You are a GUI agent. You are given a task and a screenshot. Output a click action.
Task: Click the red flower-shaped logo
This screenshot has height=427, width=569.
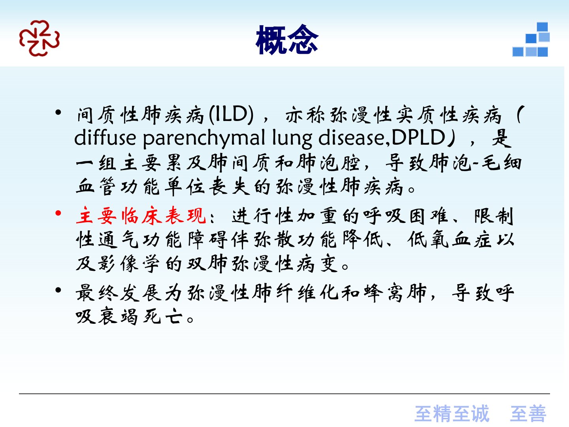[40, 38]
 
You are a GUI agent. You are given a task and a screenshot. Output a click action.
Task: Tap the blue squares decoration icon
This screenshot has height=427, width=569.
[531, 40]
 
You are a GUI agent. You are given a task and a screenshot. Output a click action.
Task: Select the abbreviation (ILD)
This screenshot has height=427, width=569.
[231, 114]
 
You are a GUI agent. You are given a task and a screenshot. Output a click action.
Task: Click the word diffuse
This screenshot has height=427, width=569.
[105, 137]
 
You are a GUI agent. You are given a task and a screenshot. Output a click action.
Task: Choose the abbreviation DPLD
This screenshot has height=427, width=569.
[418, 137]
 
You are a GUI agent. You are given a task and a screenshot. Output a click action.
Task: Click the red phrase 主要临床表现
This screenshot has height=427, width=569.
[141, 215]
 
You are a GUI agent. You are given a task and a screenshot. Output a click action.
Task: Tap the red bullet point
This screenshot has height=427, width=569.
[58, 213]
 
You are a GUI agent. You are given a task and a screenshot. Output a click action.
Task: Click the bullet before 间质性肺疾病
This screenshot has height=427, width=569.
[58, 113]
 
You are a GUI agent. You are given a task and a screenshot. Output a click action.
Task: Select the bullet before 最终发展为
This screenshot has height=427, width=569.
[58, 290]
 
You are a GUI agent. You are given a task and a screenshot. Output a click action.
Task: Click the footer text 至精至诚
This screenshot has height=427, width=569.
[452, 414]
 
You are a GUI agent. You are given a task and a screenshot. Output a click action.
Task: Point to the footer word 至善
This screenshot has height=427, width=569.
[528, 414]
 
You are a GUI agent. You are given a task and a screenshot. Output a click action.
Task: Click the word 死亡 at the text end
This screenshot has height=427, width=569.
[163, 317]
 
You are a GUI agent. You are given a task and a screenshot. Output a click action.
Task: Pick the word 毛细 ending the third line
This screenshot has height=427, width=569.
[501, 163]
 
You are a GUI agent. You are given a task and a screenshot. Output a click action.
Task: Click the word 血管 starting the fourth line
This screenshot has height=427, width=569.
[96, 187]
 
